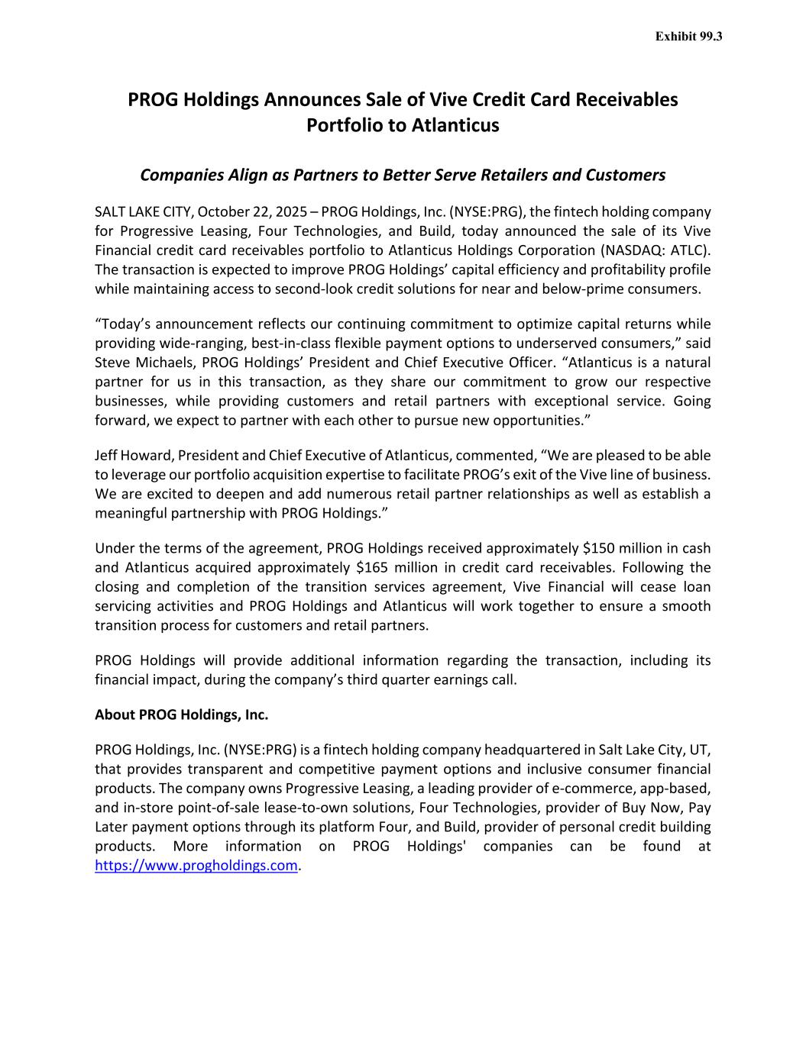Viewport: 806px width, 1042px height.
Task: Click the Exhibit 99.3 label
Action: pos(688,36)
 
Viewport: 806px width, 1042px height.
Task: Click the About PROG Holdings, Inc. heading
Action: pos(181,715)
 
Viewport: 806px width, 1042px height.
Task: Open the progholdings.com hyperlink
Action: pos(196,865)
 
